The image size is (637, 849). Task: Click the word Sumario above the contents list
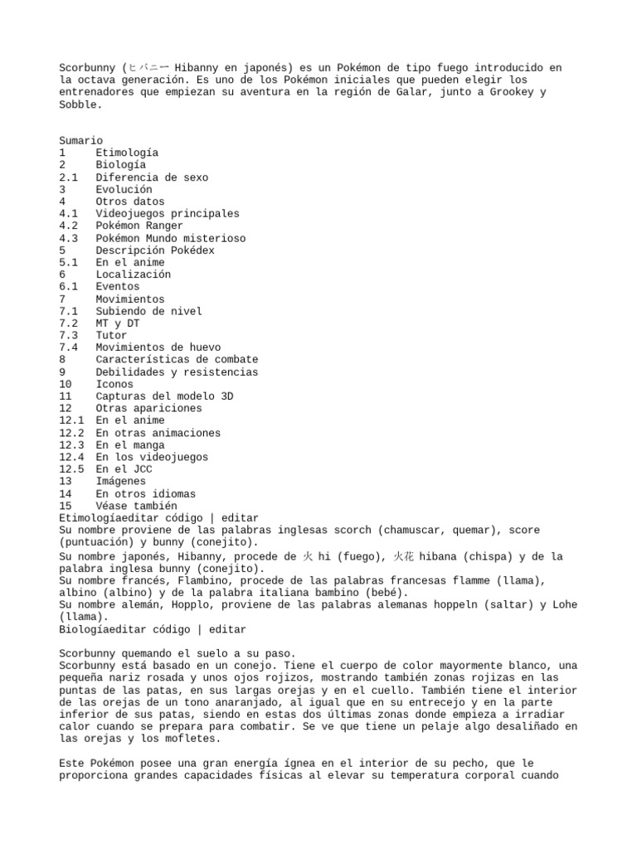[81, 141]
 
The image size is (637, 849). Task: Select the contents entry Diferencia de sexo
[152, 177]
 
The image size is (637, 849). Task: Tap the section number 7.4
[69, 347]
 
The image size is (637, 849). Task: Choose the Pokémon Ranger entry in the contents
[139, 226]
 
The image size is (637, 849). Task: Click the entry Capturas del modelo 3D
[164, 396]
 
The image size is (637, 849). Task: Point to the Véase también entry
[136, 506]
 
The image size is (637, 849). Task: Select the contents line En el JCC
[124, 469]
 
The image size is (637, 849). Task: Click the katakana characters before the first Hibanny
[151, 67]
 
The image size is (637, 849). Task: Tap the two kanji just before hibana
[403, 557]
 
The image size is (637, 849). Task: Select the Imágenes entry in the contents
[120, 482]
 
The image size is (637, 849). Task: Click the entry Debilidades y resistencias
[177, 372]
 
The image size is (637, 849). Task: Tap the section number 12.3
[71, 445]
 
